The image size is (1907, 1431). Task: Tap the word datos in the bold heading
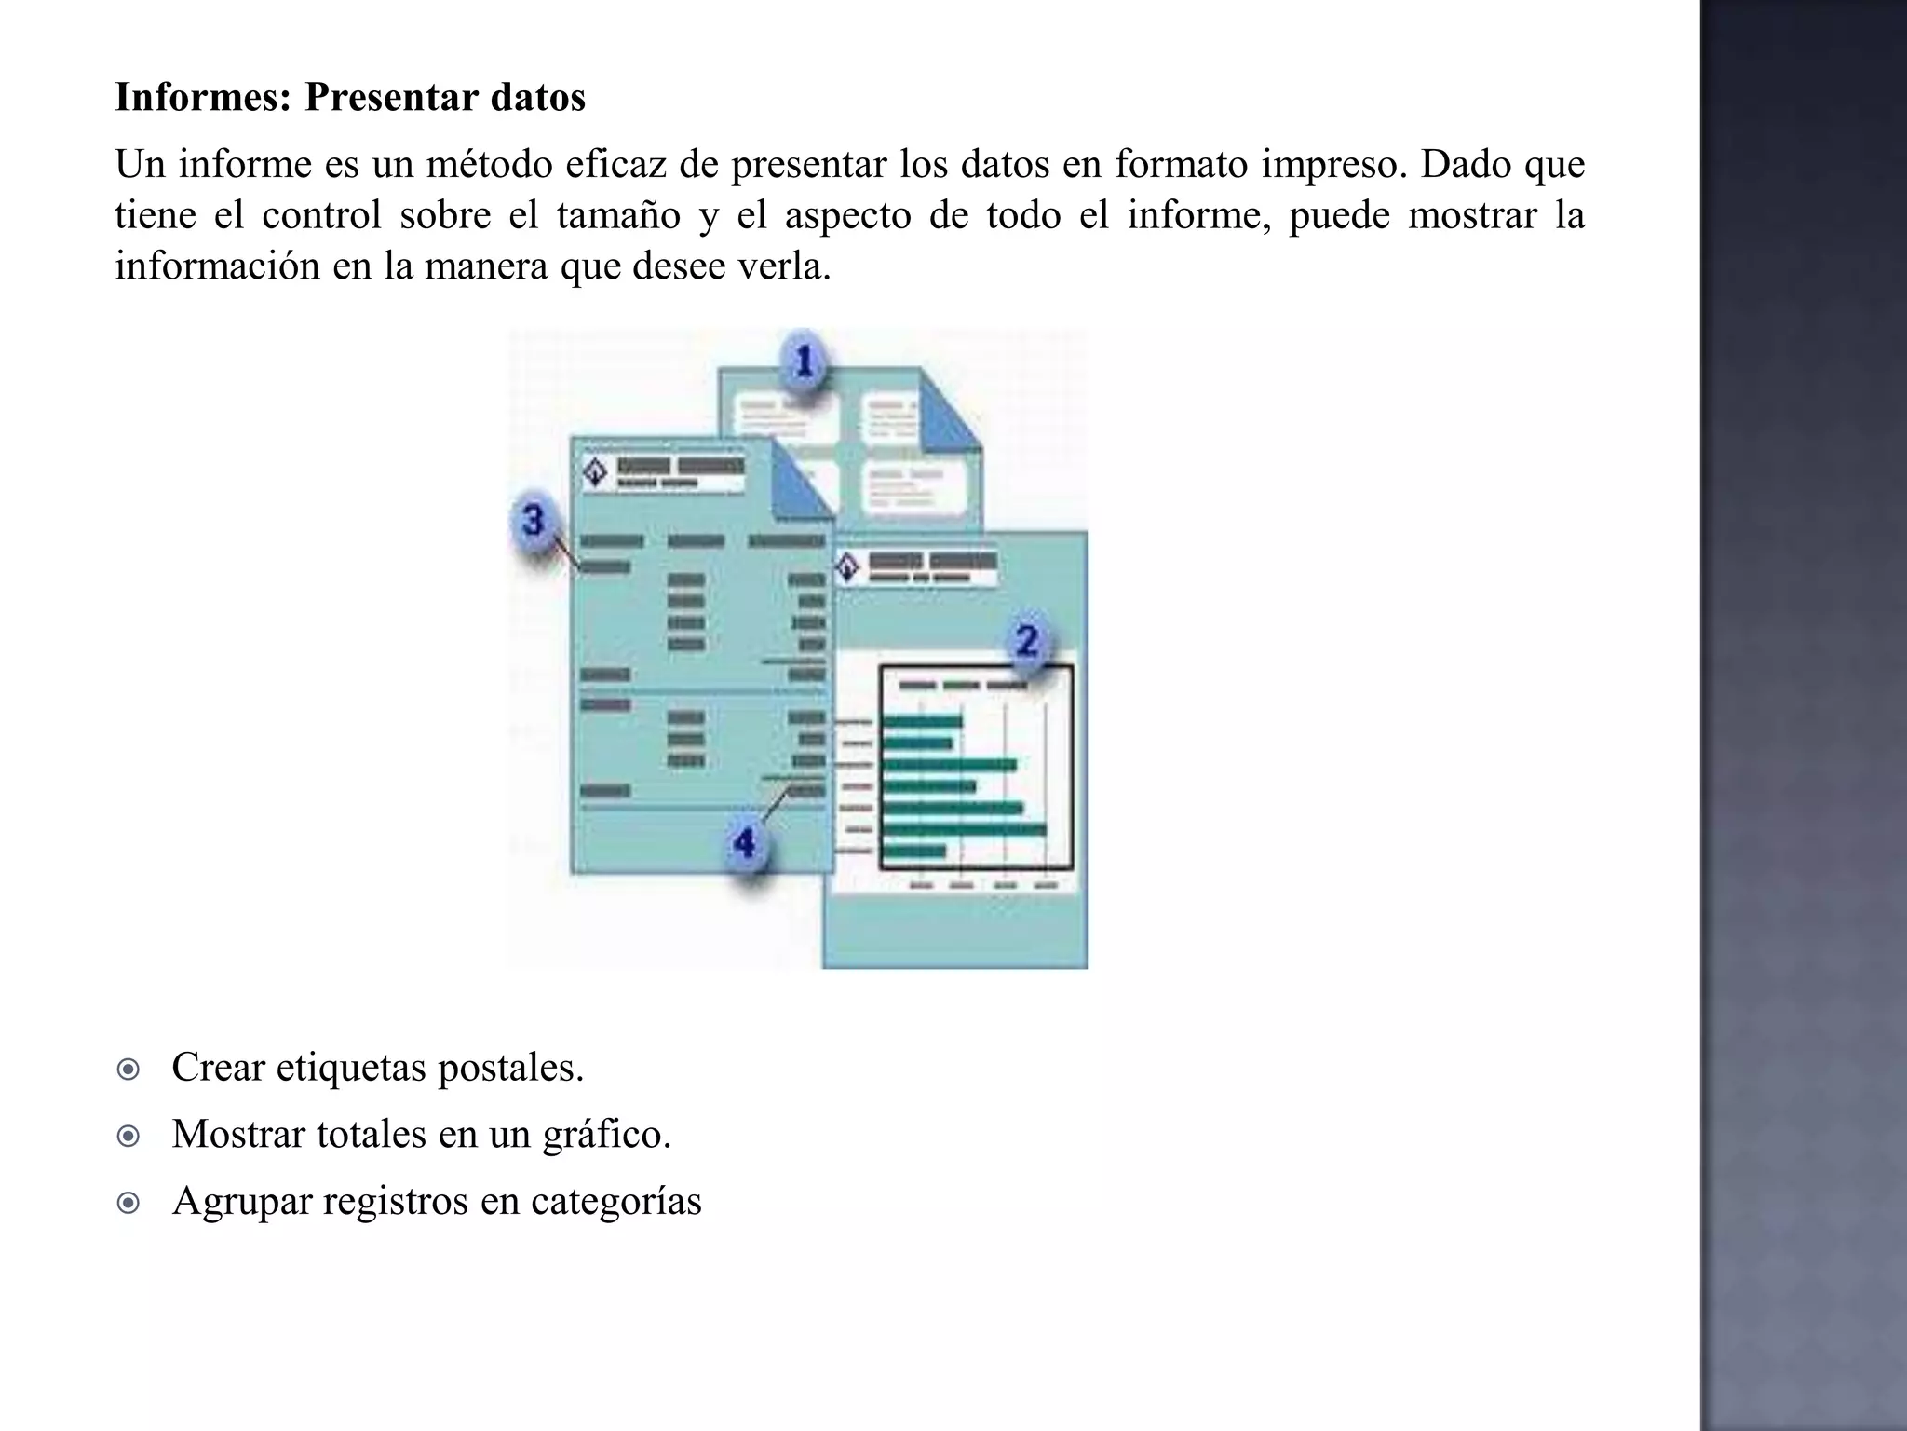pyautogui.click(x=537, y=97)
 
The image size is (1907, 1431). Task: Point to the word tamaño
pyautogui.click(x=618, y=215)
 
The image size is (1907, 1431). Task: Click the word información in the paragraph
pyautogui.click(x=216, y=266)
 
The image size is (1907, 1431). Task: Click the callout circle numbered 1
pyautogui.click(x=804, y=361)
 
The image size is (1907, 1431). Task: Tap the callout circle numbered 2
pyautogui.click(x=1027, y=640)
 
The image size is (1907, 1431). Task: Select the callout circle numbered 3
pyautogui.click(x=533, y=520)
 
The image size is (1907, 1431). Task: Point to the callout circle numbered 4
pyautogui.click(x=744, y=843)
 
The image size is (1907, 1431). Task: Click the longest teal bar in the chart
pyautogui.click(x=964, y=829)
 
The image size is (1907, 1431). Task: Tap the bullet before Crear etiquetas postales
pyautogui.click(x=128, y=1069)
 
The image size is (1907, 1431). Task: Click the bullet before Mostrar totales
pyautogui.click(x=128, y=1136)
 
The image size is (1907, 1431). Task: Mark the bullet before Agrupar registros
pyautogui.click(x=128, y=1203)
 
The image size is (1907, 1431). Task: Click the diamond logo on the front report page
pyautogui.click(x=594, y=472)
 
